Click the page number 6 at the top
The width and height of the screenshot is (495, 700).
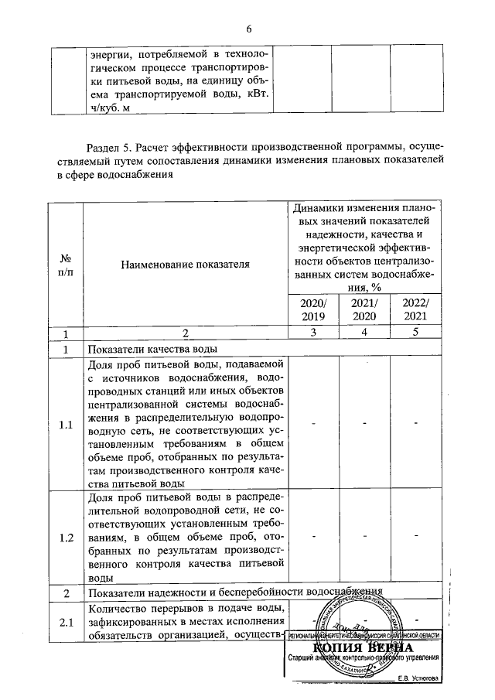[248, 29]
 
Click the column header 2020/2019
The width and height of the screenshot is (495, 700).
[312, 309]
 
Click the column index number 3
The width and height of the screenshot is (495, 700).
[312, 334]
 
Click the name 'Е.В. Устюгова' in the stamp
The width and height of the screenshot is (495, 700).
[417, 678]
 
